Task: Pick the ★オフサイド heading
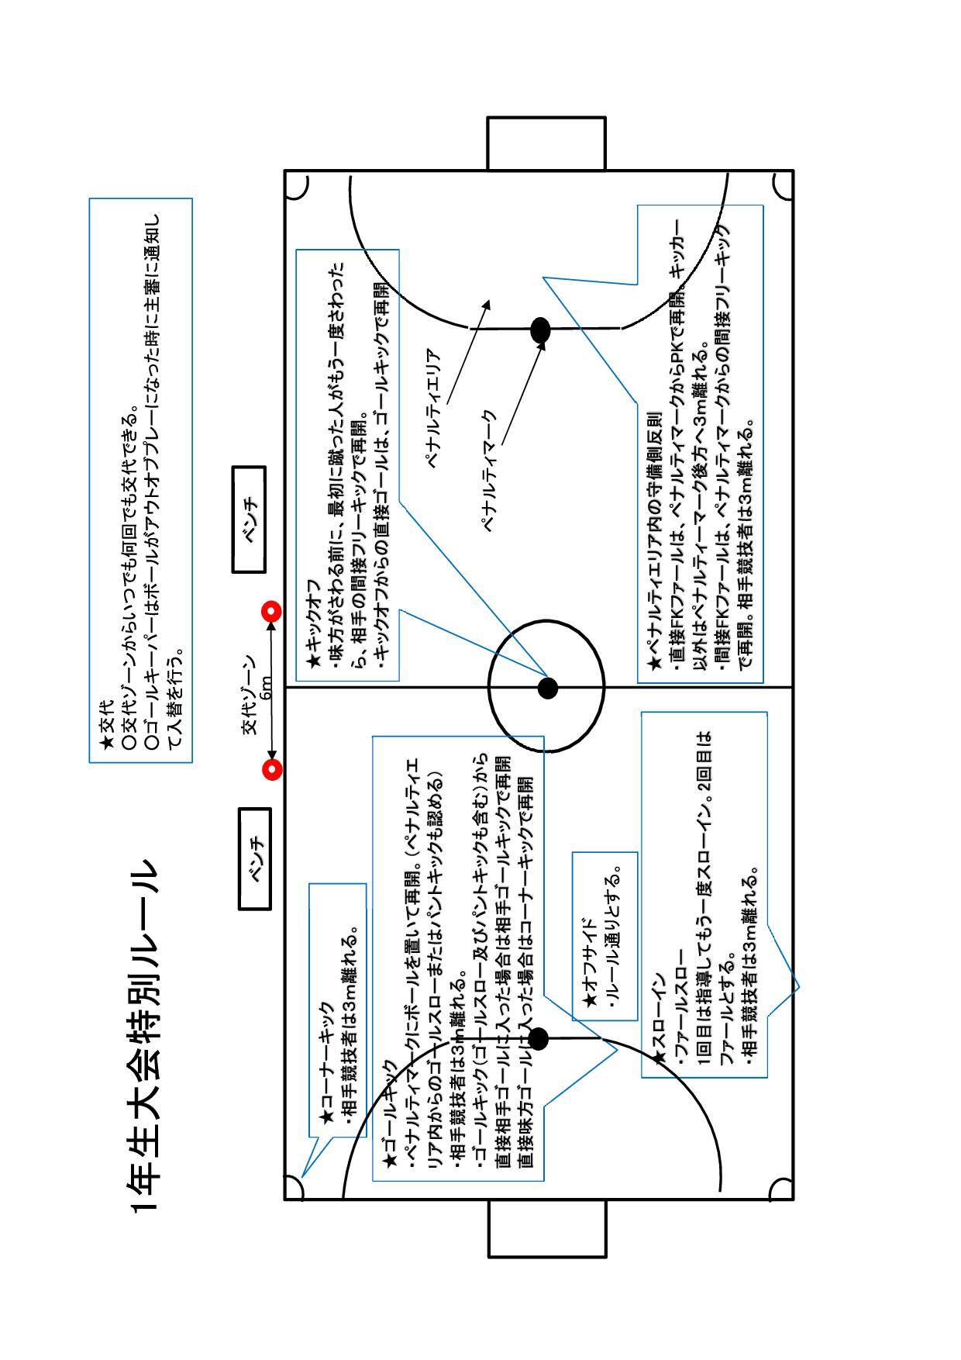(x=590, y=964)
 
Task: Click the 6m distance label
(x=266, y=689)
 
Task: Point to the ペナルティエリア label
(x=435, y=408)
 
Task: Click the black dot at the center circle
(x=548, y=688)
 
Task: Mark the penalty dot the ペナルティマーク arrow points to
(x=540, y=330)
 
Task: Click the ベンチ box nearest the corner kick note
(x=254, y=858)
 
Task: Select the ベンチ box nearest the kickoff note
(x=250, y=519)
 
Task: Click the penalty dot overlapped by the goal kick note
(x=538, y=1039)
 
